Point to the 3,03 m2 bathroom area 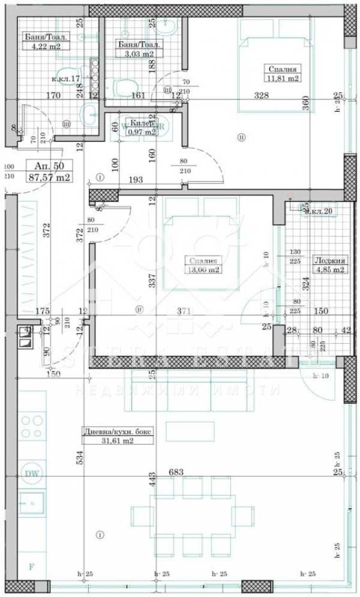(x=140, y=53)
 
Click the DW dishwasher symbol (x=32, y=474)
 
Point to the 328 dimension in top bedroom (x=260, y=95)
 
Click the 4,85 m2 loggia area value (x=331, y=269)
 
